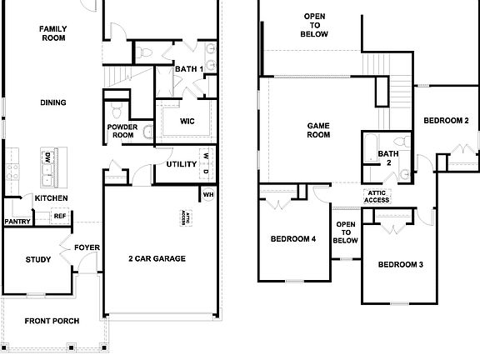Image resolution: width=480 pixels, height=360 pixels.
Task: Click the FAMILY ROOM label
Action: [52, 33]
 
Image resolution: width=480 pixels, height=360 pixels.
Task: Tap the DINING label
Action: [52, 102]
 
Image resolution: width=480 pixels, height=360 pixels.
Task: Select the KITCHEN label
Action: [51, 197]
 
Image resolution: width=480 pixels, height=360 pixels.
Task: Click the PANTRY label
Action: [17, 222]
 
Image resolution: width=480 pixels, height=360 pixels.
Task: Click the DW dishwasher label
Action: [47, 157]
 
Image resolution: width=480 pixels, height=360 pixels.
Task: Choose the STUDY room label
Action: [38, 260]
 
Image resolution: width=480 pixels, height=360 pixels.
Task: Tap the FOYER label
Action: [87, 247]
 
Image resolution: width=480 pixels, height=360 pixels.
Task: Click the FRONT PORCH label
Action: [52, 321]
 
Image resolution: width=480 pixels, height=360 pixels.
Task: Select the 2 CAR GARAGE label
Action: [157, 258]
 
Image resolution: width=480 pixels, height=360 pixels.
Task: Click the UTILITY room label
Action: [181, 164]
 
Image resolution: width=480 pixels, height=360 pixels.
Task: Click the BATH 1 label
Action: [189, 68]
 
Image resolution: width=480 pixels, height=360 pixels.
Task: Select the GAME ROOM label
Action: [319, 130]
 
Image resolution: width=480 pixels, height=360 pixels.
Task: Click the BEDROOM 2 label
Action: [446, 121]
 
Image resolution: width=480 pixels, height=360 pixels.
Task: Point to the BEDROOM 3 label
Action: [401, 265]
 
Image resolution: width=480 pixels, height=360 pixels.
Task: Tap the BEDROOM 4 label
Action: [293, 240]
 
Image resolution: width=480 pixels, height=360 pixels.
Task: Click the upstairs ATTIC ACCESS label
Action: [377, 197]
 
